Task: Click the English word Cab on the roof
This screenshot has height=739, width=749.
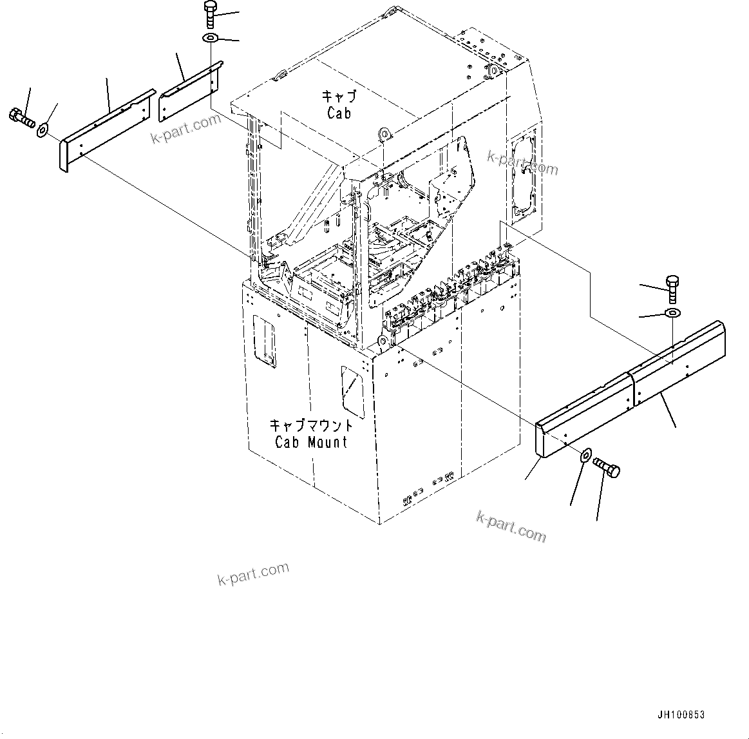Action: [339, 113]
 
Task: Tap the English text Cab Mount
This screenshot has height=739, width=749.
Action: [311, 442]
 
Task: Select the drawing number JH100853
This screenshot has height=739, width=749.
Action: [681, 715]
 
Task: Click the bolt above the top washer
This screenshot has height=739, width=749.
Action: [211, 13]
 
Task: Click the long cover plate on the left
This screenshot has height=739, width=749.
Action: [106, 129]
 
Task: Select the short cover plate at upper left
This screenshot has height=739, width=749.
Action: [190, 90]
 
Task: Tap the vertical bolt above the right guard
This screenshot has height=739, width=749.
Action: [670, 288]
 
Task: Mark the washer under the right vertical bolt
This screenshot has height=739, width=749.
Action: [671, 313]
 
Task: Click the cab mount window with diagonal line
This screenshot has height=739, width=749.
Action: [352, 390]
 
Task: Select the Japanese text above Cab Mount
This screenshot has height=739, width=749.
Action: [311, 425]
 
